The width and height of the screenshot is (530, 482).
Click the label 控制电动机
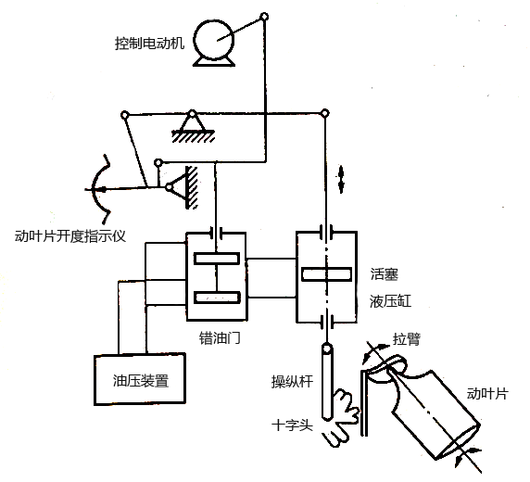[x=150, y=44]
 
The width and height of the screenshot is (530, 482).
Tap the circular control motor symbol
[x=214, y=40]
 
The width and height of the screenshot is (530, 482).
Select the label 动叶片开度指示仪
[x=70, y=235]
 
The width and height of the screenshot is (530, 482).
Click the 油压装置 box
[x=140, y=379]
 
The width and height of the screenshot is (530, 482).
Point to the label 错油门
[x=220, y=337]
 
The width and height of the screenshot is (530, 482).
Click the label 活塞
[x=385, y=274]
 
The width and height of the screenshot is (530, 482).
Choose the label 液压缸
[x=391, y=301]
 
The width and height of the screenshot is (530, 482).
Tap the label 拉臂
[x=407, y=339]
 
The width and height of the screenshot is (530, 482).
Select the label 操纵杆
[x=293, y=382]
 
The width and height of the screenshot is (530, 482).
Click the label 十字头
[x=293, y=425]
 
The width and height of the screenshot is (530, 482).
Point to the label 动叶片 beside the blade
[x=487, y=394]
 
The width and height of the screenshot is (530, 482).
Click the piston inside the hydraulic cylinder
[x=326, y=274]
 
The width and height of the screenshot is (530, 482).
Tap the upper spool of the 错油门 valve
[x=217, y=259]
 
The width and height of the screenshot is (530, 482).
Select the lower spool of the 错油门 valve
[x=217, y=298]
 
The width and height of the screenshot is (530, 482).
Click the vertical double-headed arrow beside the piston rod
[x=341, y=179]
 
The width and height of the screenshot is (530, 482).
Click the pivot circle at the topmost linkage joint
[x=264, y=17]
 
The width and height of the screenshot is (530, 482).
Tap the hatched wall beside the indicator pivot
[x=192, y=187]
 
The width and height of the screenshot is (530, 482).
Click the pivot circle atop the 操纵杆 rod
[x=326, y=348]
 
